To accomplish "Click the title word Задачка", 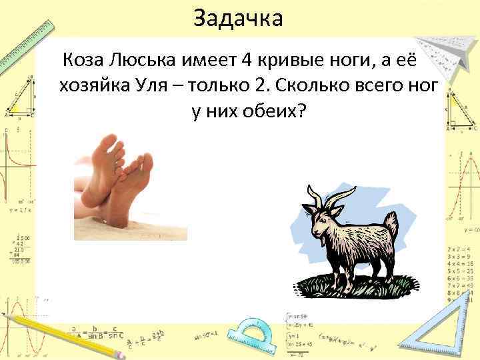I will click(238, 18).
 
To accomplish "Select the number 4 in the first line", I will click(246, 62).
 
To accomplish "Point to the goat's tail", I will click(391, 224).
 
